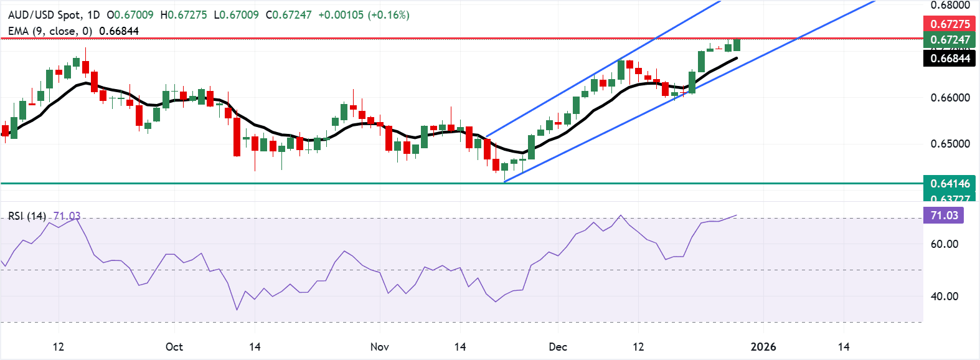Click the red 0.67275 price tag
949,24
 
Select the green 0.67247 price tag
949,40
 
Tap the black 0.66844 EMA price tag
949,59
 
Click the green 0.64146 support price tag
949,183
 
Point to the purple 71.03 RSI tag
944,216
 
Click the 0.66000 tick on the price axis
950,98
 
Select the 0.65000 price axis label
950,144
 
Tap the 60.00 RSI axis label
944,244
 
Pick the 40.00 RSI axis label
944,296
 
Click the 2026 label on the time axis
763,347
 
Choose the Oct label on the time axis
174,347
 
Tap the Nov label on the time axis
379,347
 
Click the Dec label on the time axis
558,347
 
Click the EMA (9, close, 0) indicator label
51,31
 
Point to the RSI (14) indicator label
27,216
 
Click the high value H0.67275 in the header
184,15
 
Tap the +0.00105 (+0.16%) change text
364,15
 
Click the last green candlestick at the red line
737,45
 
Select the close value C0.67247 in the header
288,15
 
